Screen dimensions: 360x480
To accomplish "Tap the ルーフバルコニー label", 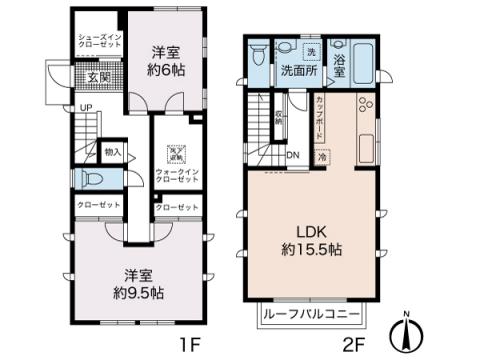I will pyautogui.click(x=313, y=316).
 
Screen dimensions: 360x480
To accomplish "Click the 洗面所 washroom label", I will pyautogui.click(x=299, y=71).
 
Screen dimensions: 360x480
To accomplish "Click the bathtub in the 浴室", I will pyautogui.click(x=362, y=60).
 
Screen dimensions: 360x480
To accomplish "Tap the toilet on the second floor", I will pyautogui.click(x=284, y=46).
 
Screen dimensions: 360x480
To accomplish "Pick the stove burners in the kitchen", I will pyautogui.click(x=363, y=103).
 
